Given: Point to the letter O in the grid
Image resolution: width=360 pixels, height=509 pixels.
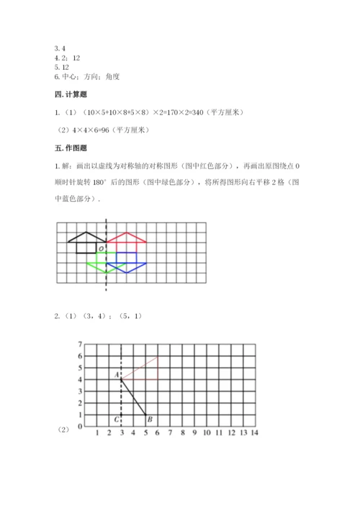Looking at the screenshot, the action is (x=102, y=248).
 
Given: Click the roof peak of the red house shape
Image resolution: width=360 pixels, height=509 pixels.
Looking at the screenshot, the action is (x=127, y=233).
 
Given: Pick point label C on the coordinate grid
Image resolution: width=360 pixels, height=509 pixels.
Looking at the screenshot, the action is (x=115, y=419).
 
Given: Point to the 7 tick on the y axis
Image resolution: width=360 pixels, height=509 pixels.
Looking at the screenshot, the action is (x=81, y=345).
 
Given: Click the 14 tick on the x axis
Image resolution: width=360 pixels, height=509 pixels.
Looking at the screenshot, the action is (x=254, y=432).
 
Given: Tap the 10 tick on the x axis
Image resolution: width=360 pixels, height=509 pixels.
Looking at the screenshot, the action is (x=206, y=432).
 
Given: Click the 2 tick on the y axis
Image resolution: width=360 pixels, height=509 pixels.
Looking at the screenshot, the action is (x=81, y=403).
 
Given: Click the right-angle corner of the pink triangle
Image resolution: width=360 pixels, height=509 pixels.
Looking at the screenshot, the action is (x=158, y=379).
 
